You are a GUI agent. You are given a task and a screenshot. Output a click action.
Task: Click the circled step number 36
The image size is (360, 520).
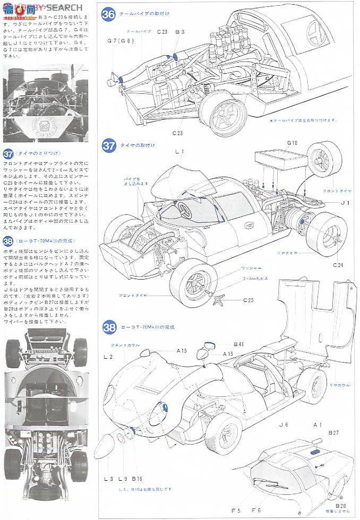[108, 14]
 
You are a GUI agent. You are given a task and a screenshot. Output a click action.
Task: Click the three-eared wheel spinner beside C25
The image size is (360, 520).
[218, 299]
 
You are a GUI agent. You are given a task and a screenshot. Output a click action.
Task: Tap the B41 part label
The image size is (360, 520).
[238, 345]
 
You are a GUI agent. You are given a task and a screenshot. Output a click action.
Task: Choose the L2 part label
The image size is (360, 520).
[108, 357]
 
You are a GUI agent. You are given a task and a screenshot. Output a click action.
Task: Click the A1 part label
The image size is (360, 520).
[318, 425]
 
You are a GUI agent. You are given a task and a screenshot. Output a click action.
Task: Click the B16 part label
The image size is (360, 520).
[138, 478]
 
